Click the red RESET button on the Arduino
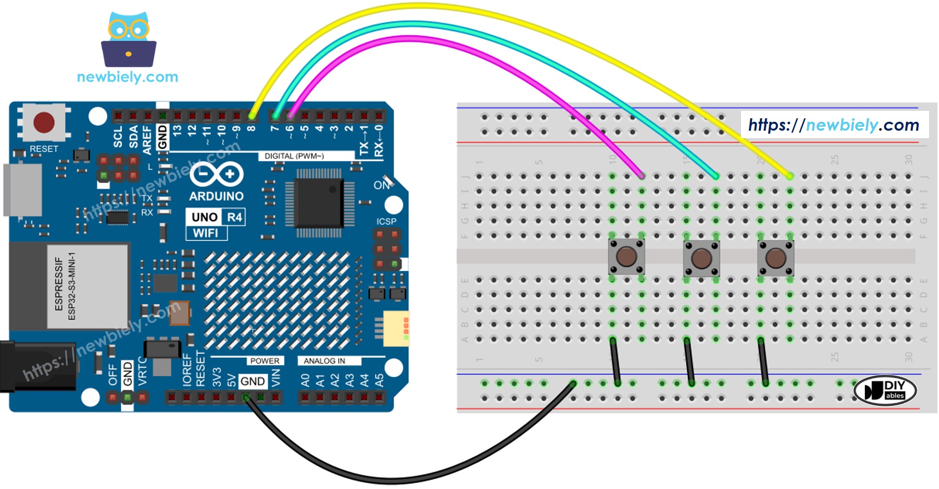click(x=44, y=122)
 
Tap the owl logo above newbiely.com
click(x=129, y=40)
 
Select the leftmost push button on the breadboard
click(x=626, y=257)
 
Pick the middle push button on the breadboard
click(x=701, y=258)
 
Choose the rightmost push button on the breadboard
click(x=775, y=258)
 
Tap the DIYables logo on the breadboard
click(x=886, y=391)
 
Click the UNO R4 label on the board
click(x=216, y=217)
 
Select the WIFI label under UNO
click(x=206, y=233)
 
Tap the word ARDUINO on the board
click(x=216, y=196)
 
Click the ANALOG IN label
click(x=324, y=361)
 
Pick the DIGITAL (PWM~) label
click(x=294, y=156)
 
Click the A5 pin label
click(x=379, y=380)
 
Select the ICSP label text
click(x=387, y=221)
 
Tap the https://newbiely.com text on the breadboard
click(x=834, y=125)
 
